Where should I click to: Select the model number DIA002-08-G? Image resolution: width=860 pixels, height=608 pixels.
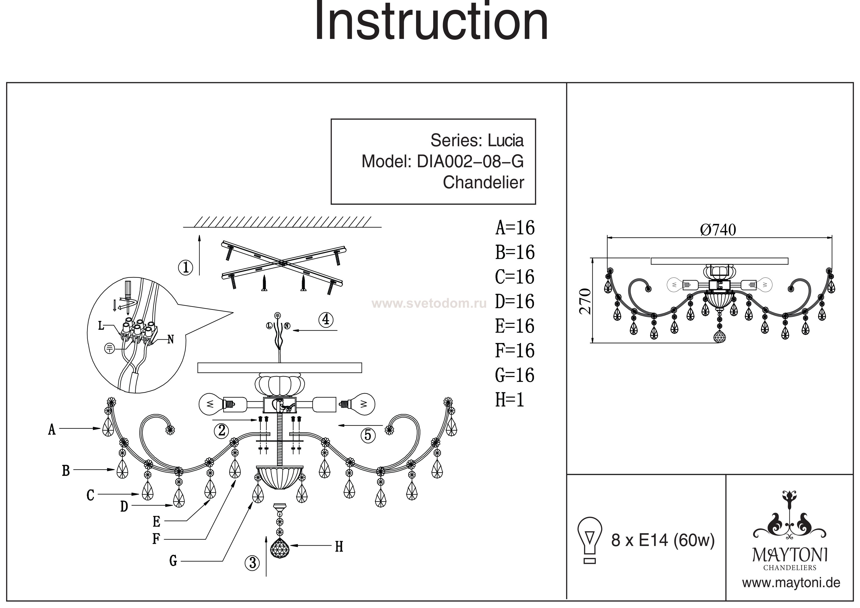470,162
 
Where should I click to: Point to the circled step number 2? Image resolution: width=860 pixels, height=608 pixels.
222,431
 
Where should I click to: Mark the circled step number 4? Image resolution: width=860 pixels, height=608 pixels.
326,319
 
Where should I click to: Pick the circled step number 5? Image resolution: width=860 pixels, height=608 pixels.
368,435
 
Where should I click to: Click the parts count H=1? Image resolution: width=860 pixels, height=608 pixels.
509,400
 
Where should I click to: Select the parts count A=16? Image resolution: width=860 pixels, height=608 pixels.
515,228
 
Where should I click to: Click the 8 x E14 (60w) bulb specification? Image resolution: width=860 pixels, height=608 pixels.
663,540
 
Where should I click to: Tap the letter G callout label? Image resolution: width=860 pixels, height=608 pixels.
173,561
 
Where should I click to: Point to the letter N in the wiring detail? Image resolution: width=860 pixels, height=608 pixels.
170,339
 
